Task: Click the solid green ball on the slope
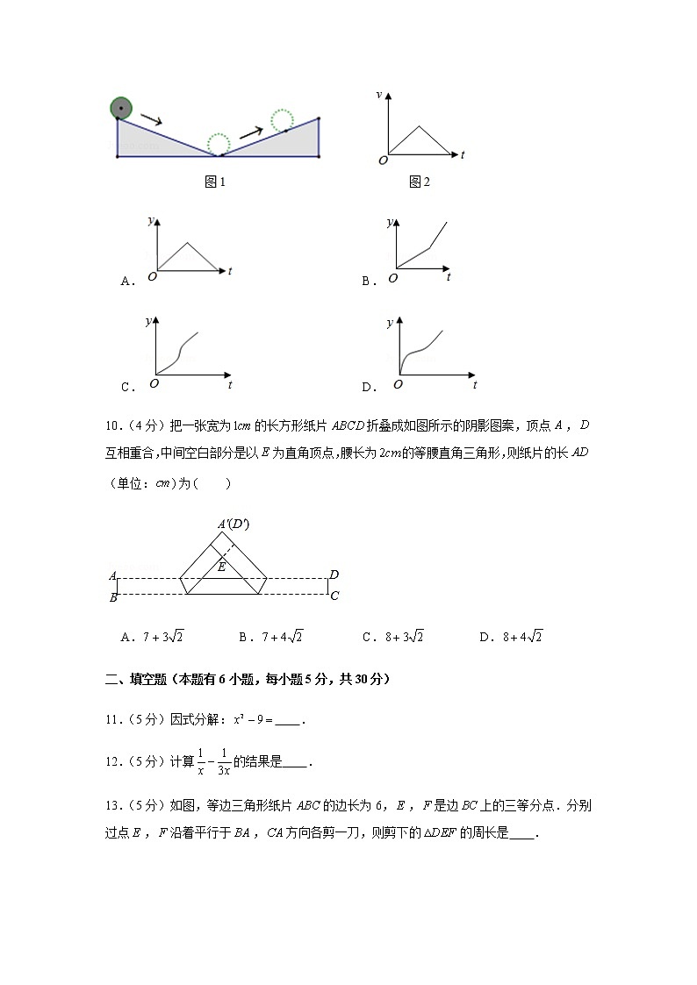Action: click(121, 109)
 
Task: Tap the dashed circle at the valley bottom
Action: click(218, 144)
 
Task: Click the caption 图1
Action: click(215, 182)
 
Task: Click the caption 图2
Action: click(420, 182)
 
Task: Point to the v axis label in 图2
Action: click(378, 94)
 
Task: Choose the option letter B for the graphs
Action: click(368, 281)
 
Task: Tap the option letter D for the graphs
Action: click(368, 387)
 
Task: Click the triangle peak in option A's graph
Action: click(186, 243)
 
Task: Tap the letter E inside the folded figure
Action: click(221, 567)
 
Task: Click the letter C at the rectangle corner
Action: click(334, 596)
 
